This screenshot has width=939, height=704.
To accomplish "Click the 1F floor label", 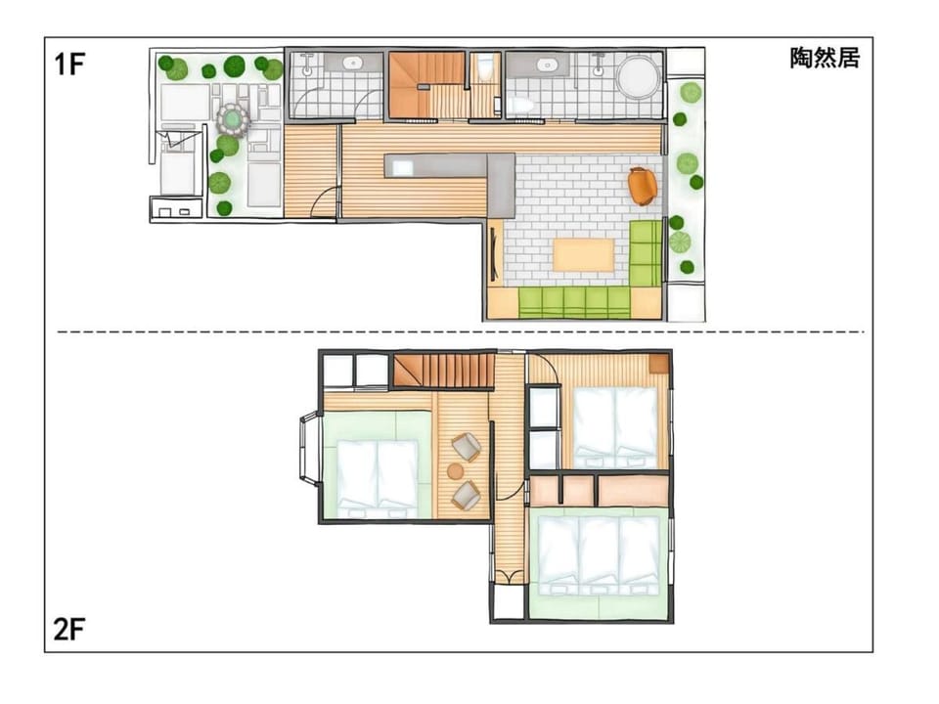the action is tap(69, 65).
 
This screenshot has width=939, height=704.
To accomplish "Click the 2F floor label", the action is tap(69, 629).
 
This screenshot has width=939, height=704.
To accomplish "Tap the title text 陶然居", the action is tap(825, 58).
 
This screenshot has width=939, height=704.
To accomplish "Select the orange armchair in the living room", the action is tap(643, 186).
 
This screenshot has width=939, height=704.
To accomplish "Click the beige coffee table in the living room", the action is tap(584, 255).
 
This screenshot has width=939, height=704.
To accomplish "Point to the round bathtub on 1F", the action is tap(639, 77).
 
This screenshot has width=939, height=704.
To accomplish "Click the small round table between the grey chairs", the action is tap(456, 471).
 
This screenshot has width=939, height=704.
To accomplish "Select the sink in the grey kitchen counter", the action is tap(402, 168).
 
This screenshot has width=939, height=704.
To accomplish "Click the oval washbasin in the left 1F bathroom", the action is tap(353, 63).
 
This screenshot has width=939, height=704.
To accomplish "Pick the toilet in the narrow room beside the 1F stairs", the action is tap(484, 67).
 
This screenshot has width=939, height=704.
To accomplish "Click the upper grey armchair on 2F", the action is tap(466, 447).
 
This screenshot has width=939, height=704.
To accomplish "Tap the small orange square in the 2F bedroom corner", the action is tap(658, 364).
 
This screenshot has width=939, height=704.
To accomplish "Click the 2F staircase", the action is tap(442, 371).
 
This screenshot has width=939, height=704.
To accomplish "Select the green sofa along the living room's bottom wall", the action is tap(574, 302).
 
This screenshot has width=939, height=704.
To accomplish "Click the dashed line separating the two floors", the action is tap(461, 331).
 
